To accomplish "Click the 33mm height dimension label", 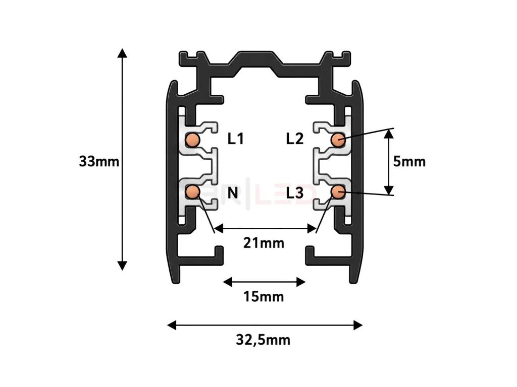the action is (99, 162).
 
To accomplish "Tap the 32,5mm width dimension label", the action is (263, 340).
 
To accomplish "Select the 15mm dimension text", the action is (264, 296).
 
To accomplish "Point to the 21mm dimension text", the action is (264, 243).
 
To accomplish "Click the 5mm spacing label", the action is (409, 162).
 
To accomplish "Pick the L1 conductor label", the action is (235, 139).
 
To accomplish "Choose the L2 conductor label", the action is (294, 139).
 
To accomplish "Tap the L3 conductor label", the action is (294, 193).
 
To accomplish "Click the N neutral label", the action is (233, 193).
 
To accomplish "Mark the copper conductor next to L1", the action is (192, 140).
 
